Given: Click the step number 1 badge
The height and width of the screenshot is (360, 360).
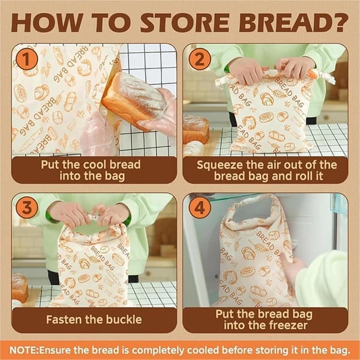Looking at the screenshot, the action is (26, 59).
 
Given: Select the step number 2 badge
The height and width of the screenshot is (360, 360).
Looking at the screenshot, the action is (200, 59).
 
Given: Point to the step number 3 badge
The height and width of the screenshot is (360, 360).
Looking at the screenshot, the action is (26, 208).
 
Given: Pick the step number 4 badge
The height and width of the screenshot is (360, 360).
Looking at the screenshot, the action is (200, 208).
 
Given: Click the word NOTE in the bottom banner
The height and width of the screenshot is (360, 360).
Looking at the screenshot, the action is (23, 350).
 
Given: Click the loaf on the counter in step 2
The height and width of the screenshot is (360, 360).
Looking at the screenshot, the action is (196, 129).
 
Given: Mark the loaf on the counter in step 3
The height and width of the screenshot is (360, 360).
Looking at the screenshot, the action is (20, 287).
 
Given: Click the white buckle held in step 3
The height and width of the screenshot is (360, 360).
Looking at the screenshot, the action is (94, 217).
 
